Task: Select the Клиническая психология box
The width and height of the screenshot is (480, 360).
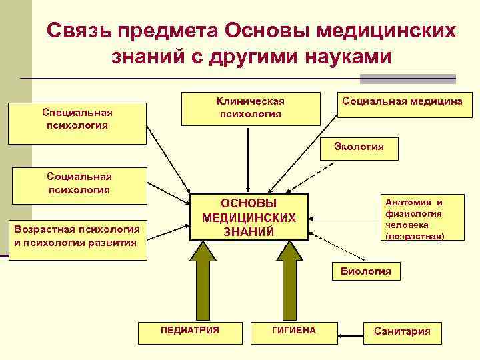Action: click(250, 107)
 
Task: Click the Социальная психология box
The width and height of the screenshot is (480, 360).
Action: click(79, 185)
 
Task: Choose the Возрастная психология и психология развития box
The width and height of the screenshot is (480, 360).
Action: click(77, 237)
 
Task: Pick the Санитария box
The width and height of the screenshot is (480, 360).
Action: click(402, 331)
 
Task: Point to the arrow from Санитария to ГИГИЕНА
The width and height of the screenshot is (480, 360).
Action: click(351, 331)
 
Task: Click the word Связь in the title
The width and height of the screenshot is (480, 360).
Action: click(79, 32)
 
